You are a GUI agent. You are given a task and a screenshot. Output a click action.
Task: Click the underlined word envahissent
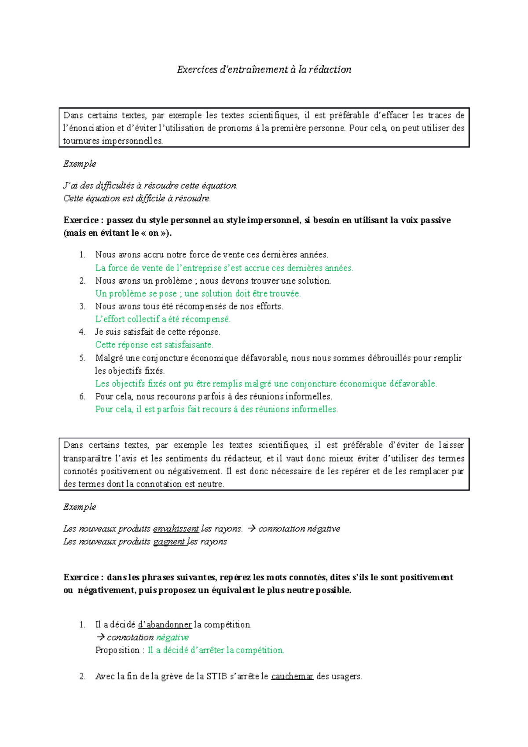(x=176, y=529)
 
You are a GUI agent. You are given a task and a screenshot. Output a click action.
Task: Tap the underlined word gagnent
(x=169, y=542)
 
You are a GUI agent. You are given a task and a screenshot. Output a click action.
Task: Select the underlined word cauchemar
(x=292, y=676)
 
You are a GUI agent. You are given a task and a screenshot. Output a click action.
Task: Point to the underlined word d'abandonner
(x=165, y=625)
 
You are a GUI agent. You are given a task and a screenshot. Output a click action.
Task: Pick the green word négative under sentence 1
(x=172, y=637)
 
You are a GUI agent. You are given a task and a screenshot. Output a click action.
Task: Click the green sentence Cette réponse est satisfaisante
(x=154, y=345)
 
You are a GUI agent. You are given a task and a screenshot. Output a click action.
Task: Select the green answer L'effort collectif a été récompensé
(x=163, y=319)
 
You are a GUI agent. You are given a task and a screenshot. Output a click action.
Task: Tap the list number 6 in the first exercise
(x=82, y=396)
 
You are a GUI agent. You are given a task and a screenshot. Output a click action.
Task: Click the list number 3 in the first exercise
(x=82, y=306)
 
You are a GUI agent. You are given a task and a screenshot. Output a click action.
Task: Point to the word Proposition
(x=117, y=650)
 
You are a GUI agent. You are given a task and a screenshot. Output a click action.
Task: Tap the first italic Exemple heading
(x=80, y=164)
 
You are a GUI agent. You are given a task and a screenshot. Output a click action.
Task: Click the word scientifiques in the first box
(x=274, y=116)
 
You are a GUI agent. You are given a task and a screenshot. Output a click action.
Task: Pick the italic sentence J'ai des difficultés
(x=150, y=186)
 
